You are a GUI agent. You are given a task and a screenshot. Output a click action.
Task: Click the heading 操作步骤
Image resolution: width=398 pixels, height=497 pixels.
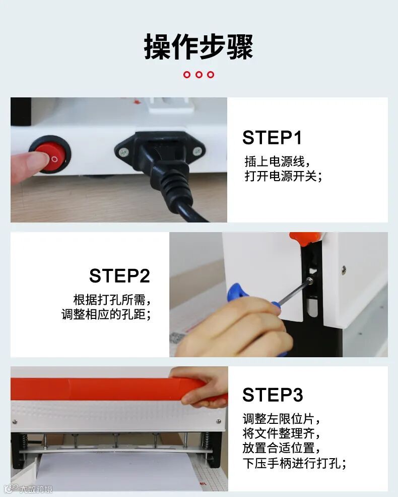pyautogui.click(x=198, y=46)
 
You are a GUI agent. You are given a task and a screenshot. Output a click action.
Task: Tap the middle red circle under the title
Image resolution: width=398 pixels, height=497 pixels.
pyautogui.click(x=198, y=75)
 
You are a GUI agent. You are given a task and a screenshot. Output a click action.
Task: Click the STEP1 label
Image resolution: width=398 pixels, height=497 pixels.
pyautogui.click(x=272, y=138)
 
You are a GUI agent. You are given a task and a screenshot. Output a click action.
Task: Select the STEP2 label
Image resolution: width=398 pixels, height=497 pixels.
pyautogui.click(x=119, y=275)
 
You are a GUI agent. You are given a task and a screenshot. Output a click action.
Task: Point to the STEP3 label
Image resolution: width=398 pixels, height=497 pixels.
pyautogui.click(x=273, y=395)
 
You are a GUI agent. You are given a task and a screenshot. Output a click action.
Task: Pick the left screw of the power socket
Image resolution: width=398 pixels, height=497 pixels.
pyautogui.click(x=124, y=153)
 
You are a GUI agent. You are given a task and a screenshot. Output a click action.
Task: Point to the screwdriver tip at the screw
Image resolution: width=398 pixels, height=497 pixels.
pyautogui.click(x=309, y=281)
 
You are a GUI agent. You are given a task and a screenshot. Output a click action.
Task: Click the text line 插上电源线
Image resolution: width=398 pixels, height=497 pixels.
pyautogui.click(x=278, y=161)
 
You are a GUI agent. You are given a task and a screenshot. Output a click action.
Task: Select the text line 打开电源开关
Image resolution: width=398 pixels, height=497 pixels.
pyautogui.click(x=284, y=176)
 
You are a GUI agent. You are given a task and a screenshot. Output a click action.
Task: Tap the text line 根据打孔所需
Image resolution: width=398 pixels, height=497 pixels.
pyautogui.click(x=112, y=300)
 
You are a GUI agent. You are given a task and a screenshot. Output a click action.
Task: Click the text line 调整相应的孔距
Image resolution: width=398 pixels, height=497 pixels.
pyautogui.click(x=106, y=314)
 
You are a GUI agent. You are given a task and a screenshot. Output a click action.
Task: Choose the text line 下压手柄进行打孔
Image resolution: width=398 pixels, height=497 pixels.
pyautogui.click(x=294, y=463)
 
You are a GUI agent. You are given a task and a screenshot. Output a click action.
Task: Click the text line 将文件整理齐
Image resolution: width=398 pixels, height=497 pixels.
pyautogui.click(x=281, y=433)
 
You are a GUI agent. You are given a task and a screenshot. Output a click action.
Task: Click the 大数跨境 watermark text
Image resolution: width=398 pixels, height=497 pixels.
pyautogui.click(x=36, y=489)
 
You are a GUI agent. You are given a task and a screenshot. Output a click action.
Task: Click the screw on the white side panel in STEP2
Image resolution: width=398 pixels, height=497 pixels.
pyautogui.click(x=344, y=270)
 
